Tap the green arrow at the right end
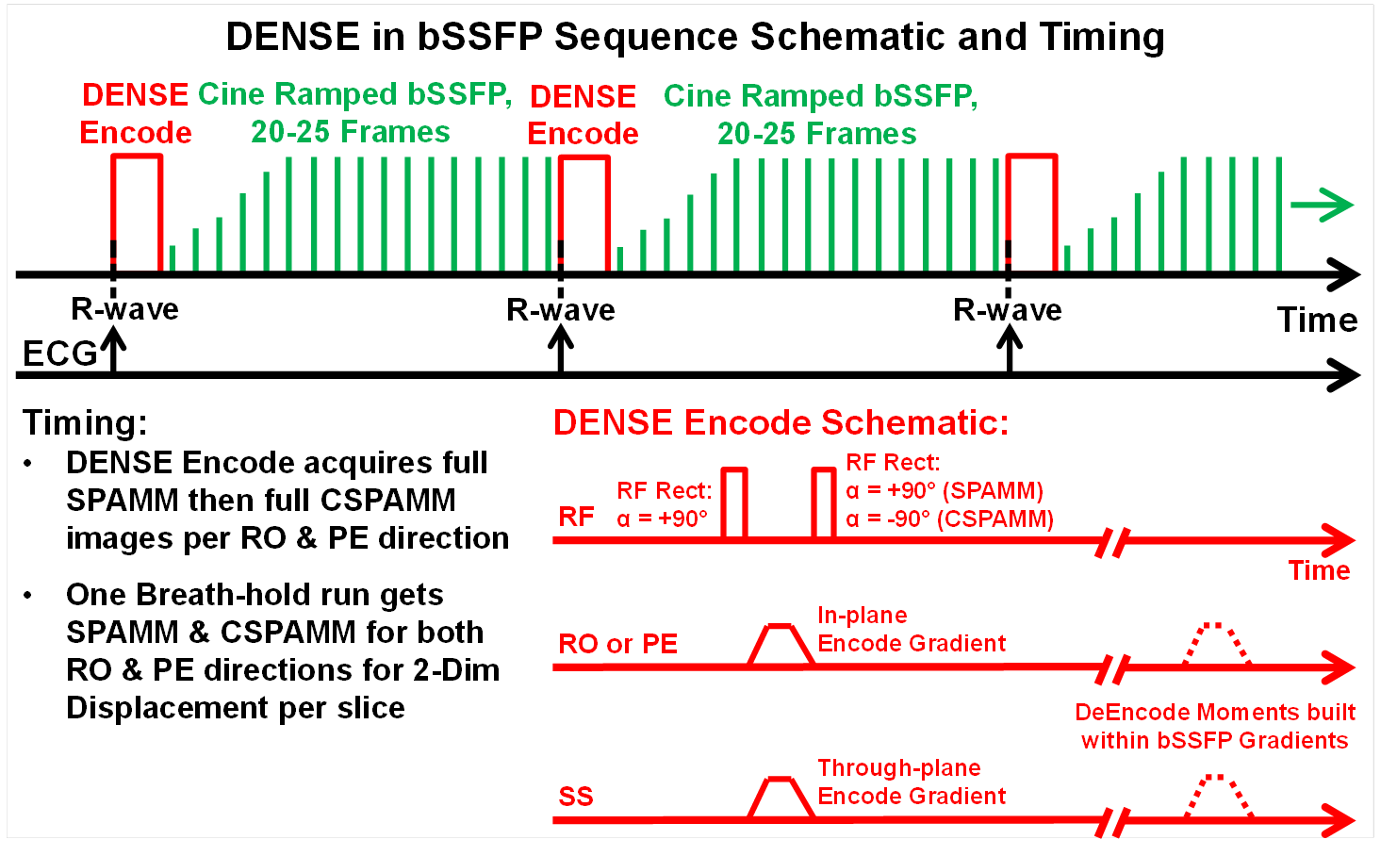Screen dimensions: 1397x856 1322,205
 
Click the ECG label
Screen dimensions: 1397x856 59,354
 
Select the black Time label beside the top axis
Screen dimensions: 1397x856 1317,321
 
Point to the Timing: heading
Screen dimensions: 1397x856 85,423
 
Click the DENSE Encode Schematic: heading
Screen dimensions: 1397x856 781,423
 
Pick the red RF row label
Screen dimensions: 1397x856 576,517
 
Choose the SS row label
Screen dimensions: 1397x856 576,798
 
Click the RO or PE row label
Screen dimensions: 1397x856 617,645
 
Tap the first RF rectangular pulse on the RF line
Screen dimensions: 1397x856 733,503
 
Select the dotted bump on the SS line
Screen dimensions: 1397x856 1218,796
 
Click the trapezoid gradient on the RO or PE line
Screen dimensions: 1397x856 781,645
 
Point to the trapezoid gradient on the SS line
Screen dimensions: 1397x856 781,798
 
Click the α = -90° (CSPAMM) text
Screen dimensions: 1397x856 949,519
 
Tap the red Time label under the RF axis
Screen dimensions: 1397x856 1319,571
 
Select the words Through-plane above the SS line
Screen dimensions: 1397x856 898,768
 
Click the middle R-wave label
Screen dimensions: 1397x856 561,310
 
